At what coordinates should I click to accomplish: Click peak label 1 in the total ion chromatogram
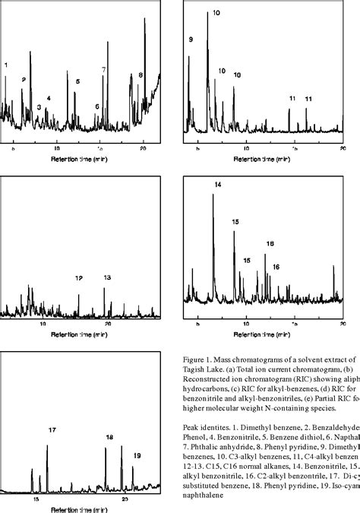pyautogui.click(x=6, y=65)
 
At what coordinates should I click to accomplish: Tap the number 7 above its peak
pyautogui.click(x=104, y=69)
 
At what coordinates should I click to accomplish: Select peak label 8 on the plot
pyautogui.click(x=141, y=75)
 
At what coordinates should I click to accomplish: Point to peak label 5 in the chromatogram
pyautogui.click(x=77, y=81)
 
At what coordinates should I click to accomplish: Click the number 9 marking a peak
pyautogui.click(x=191, y=39)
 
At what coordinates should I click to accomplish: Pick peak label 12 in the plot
pyautogui.click(x=79, y=278)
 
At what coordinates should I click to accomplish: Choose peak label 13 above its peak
pyautogui.click(x=107, y=278)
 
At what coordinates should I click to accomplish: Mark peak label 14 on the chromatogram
pyautogui.click(x=218, y=185)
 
